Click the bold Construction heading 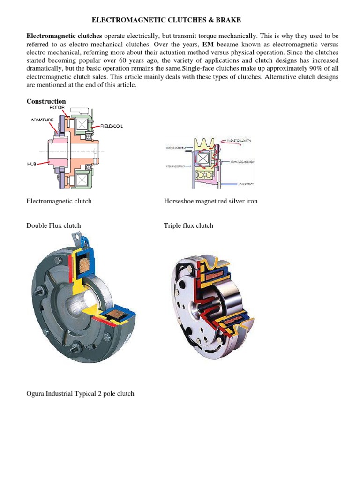46,101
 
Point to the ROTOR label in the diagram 57,107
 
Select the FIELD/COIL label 112,126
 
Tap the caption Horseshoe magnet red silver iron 210,201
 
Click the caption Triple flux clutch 188,225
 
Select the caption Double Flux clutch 53,225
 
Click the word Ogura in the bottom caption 36,393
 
